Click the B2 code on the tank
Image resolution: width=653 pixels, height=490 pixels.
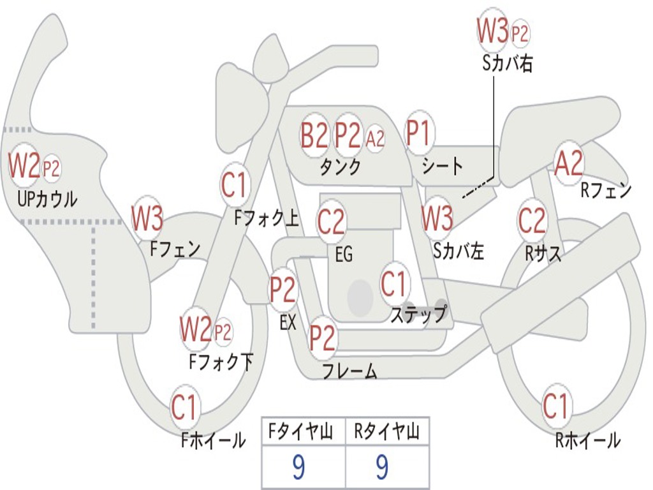click(x=314, y=135)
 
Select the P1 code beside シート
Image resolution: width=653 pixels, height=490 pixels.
click(x=418, y=134)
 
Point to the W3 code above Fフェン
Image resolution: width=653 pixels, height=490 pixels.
click(x=147, y=219)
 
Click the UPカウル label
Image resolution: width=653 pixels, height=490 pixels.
click(x=47, y=199)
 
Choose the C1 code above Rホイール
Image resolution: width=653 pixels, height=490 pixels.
click(x=555, y=406)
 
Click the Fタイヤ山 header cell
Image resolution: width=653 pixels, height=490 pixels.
click(x=302, y=433)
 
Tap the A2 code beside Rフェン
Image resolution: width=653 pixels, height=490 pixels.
click(x=568, y=164)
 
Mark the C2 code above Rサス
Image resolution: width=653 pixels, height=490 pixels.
click(x=532, y=221)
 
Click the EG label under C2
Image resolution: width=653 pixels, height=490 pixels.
click(x=344, y=255)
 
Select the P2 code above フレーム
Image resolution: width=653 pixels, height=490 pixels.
click(x=322, y=338)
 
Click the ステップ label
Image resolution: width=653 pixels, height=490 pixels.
click(x=418, y=315)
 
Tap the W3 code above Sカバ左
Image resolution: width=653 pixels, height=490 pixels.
click(x=437, y=219)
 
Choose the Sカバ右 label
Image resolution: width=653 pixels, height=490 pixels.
click(x=508, y=64)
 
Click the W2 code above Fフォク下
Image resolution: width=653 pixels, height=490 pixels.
click(x=195, y=330)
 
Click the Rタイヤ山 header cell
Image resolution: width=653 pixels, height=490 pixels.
click(x=387, y=433)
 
